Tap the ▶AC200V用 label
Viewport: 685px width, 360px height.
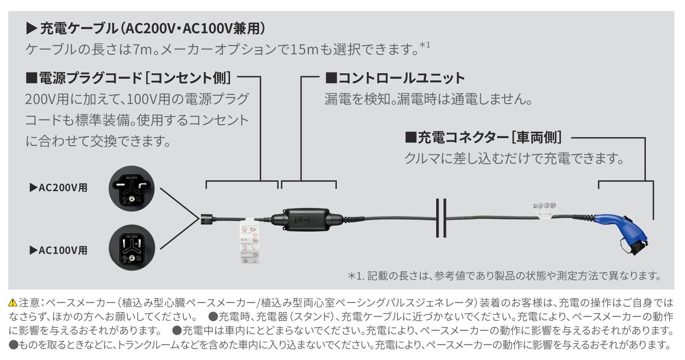pyautogui.click(x=59, y=188)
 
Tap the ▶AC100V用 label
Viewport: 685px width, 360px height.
pyautogui.click(x=59, y=250)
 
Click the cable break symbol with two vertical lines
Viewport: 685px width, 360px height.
pyautogui.click(x=441, y=218)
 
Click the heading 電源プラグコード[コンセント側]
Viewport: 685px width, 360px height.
pyautogui.click(x=129, y=78)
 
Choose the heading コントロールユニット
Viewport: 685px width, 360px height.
pyautogui.click(x=395, y=78)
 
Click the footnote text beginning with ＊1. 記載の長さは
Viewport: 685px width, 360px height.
pyautogui.click(x=504, y=276)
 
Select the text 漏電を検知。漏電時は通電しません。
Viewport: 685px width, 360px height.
pyautogui.click(x=429, y=99)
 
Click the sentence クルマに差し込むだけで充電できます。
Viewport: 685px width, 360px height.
pyautogui.click(x=514, y=159)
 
